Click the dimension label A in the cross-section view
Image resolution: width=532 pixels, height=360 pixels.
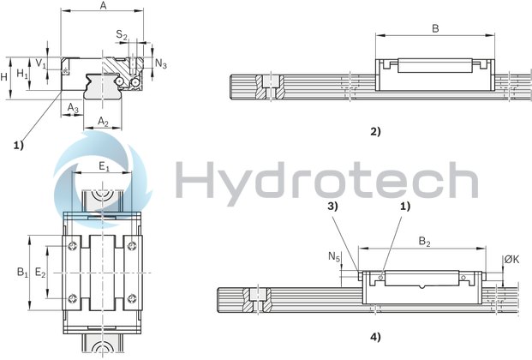tap(104, 6)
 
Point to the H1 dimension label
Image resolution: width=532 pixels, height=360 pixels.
tap(24, 75)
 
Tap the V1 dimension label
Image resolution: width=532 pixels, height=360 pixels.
tap(41, 64)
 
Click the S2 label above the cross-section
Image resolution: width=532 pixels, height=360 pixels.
tap(122, 35)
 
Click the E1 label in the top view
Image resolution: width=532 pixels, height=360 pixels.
tap(103, 167)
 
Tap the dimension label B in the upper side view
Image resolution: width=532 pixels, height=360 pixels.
tap(434, 27)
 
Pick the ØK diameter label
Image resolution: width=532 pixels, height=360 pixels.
tap(512, 259)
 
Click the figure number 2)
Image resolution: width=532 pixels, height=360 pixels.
tap(374, 131)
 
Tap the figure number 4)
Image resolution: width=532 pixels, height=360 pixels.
tap(374, 336)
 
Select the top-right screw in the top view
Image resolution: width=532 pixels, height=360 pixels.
tap(131, 248)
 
